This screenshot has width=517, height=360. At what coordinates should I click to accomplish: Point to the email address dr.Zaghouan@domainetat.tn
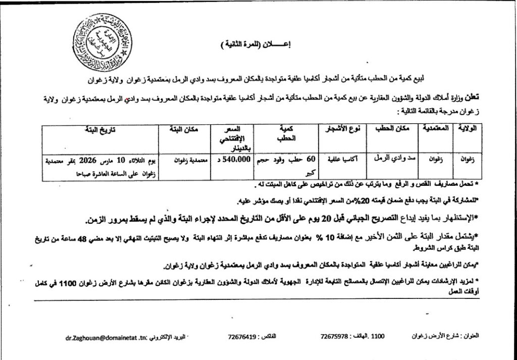point(106,336)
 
